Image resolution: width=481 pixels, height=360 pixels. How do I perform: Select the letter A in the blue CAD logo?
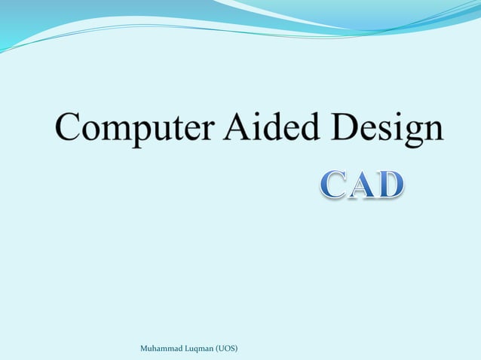(x=362, y=185)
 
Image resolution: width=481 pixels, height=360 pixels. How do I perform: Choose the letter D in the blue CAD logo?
(x=390, y=185)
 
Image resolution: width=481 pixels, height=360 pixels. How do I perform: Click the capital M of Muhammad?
(x=145, y=349)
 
